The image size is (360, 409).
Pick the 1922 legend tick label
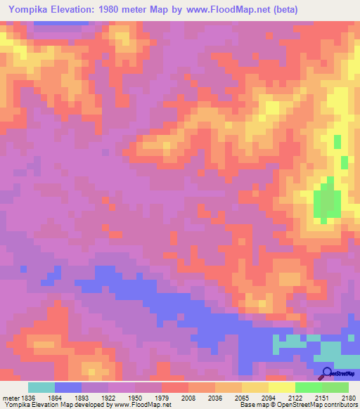tap(108, 398)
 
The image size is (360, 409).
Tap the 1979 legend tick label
tap(161, 398)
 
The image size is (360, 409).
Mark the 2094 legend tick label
tap(267, 398)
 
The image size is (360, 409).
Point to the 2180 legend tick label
tap(347, 398)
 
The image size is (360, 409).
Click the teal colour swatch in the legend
tap(41, 387)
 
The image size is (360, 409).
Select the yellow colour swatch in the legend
tap(281, 387)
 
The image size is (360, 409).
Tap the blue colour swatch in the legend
tap(68, 387)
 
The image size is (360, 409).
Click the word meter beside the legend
tap(11, 398)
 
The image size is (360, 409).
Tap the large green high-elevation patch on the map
tap(325, 199)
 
